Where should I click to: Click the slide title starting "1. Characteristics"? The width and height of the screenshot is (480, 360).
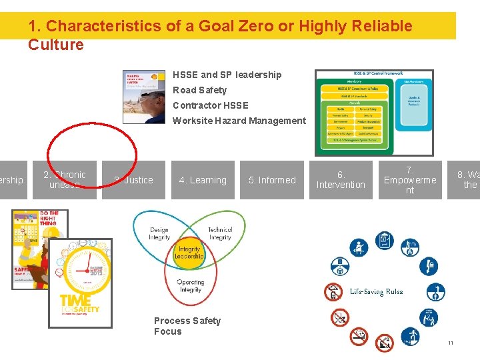coord(220,35)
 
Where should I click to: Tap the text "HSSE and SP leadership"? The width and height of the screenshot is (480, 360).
coord(227,75)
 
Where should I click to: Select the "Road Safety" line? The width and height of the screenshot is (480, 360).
coord(199,90)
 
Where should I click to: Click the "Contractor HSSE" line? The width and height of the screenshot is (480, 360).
coord(210,105)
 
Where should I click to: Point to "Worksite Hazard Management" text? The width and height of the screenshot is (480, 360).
coord(239,121)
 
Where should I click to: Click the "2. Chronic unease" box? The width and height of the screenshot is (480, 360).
coord(65,180)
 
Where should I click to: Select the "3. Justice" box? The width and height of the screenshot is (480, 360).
coord(133,180)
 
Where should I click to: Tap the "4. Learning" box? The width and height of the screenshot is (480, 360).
coord(203,180)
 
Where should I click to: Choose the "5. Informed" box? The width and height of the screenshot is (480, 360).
coord(272,180)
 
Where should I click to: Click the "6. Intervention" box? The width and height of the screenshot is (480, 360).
coord(341,180)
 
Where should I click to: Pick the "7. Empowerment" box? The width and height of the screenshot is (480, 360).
coord(410,180)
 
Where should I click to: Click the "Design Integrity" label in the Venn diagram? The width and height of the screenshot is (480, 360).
coord(159,234)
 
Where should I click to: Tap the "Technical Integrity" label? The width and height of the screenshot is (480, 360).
coord(219,234)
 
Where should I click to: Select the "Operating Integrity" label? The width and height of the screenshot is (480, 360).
coord(190,286)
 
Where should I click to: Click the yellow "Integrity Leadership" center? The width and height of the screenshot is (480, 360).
coord(189,253)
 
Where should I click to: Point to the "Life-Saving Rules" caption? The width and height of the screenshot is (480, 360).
coord(376,291)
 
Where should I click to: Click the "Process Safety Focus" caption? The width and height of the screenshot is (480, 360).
coord(187,326)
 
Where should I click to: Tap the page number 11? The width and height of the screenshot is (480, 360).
coord(451,343)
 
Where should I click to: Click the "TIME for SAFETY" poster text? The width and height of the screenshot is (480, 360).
coord(81,305)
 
